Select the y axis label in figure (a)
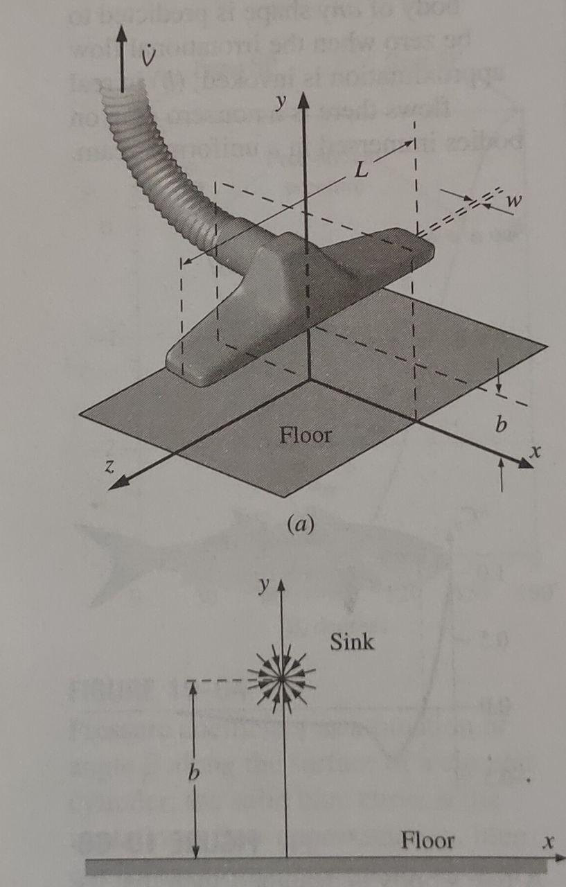pos(280,103)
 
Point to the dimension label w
pos(514,200)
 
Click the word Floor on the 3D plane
pos(305,436)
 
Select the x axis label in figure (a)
pos(534,451)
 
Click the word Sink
pos(352,642)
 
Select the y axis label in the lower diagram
pos(263,586)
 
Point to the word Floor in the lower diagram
pos(427,841)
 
